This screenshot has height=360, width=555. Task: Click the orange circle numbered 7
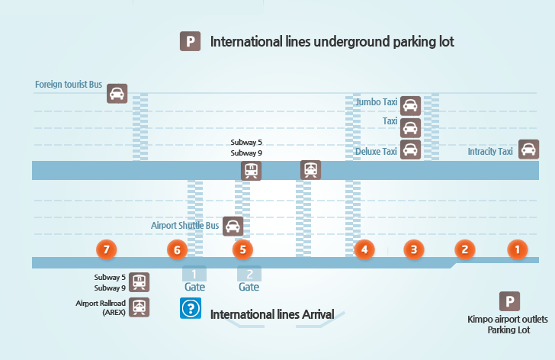107,249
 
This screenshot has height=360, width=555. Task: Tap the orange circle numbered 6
177,249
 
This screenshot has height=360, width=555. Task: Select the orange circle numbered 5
242,249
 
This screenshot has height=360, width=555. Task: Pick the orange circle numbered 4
364,249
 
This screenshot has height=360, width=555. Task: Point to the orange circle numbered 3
413,249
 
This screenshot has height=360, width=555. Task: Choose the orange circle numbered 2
464,249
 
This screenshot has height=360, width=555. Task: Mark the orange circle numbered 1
518,249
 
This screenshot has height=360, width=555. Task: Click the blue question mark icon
190,308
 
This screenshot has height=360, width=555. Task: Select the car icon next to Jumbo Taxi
411,105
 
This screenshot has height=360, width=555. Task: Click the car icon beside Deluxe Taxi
411,149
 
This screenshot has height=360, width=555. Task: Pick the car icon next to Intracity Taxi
529,149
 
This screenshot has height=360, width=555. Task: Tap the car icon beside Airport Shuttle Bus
233,226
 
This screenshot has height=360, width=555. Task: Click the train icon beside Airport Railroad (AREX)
140,307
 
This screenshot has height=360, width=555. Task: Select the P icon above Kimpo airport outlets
509,301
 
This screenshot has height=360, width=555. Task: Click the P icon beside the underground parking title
190,41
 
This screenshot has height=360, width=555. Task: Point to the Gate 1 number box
194,274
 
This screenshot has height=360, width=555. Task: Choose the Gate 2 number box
249,274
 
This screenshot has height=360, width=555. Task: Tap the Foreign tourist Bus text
69,84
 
